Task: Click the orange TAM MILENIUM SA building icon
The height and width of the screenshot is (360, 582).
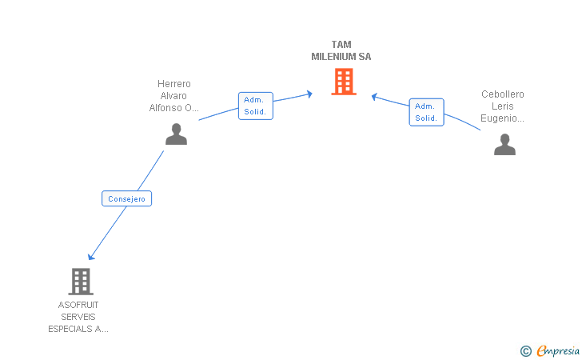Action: pos(344,82)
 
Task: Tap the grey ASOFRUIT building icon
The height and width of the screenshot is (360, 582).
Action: pos(81,282)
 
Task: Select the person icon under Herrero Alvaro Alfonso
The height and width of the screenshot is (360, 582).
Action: pos(177,134)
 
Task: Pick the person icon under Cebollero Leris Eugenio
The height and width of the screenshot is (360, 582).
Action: pos(504,144)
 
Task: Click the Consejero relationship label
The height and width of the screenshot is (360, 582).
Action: pos(126,198)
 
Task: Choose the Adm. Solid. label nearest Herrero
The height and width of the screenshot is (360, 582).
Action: pos(256,106)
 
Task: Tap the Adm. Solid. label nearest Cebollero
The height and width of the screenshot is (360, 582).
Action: pos(426,112)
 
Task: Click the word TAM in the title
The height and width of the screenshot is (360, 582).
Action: pos(341,45)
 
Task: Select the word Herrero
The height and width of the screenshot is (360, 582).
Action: pos(174,83)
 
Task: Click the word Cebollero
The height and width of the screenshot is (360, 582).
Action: pos(503,94)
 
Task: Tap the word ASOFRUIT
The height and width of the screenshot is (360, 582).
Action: pos(78,305)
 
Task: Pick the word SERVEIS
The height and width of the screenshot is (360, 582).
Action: pos(78,317)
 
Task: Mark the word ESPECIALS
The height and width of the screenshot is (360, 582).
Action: pos(70,329)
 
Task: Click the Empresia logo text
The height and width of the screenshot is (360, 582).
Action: pos(558,350)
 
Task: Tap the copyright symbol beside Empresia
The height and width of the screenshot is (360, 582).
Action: pos(526,351)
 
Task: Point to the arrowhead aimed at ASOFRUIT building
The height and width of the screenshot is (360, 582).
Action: pos(90,257)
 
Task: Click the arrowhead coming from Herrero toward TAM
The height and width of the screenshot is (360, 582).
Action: pos(309,94)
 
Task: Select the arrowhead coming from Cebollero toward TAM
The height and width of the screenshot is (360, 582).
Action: pos(374,97)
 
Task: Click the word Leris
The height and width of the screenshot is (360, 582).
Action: pos(503,106)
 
